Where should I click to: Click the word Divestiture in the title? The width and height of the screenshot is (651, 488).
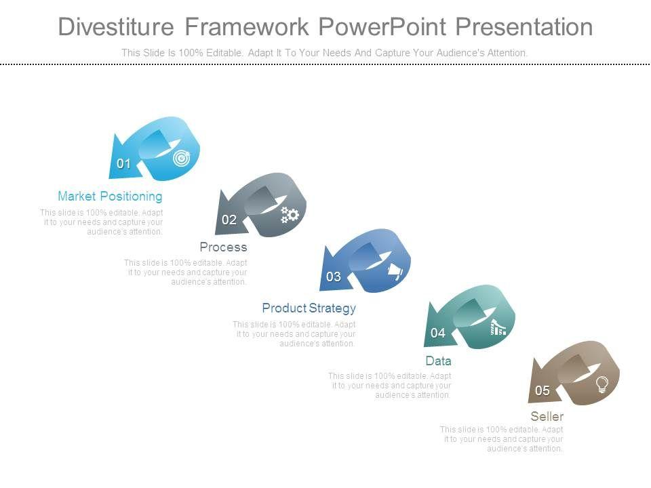(x=116, y=26)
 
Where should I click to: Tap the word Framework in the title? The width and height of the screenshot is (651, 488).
(x=247, y=26)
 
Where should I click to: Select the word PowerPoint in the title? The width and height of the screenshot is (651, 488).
(x=382, y=26)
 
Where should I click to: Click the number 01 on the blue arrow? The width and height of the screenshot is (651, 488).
(x=123, y=163)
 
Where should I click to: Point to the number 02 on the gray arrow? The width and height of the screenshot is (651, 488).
(x=229, y=220)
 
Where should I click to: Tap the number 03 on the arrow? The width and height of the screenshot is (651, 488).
(x=334, y=277)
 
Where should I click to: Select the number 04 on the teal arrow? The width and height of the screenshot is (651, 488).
(x=437, y=333)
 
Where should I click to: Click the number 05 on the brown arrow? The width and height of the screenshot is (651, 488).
(x=542, y=390)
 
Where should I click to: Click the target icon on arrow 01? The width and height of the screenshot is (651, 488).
(x=182, y=158)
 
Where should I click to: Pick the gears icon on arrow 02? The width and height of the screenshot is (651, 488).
(x=290, y=215)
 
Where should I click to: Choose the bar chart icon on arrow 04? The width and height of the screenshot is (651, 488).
(x=498, y=327)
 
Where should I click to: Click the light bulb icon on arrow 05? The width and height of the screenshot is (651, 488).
(x=602, y=384)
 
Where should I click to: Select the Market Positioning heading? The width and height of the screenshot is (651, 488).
(x=110, y=197)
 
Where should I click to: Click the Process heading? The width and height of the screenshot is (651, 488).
(x=223, y=247)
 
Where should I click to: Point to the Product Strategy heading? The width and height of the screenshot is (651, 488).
(x=309, y=308)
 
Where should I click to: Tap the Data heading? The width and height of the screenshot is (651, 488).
(x=439, y=361)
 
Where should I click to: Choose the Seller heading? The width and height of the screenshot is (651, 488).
(x=547, y=416)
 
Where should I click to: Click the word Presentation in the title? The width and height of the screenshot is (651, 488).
(x=524, y=26)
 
